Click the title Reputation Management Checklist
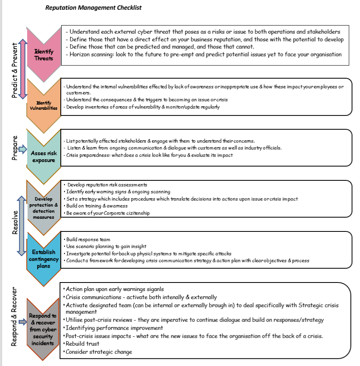(x=93, y=8)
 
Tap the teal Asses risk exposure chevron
(x=43, y=156)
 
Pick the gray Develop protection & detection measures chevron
(x=43, y=208)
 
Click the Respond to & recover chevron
(x=43, y=328)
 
